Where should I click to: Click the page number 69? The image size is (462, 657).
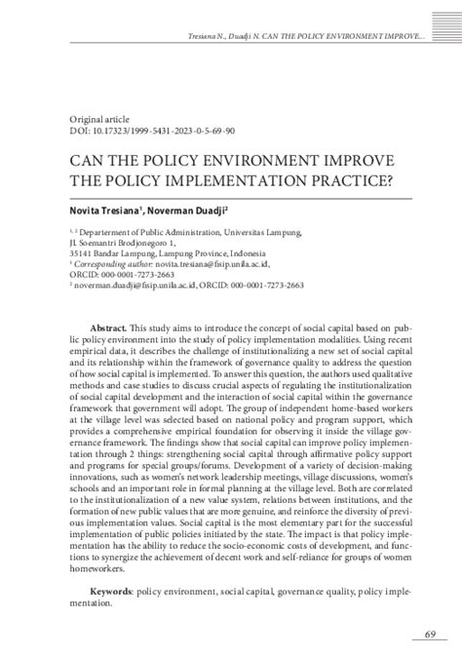[430, 635]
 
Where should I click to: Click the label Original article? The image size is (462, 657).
[97, 116]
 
